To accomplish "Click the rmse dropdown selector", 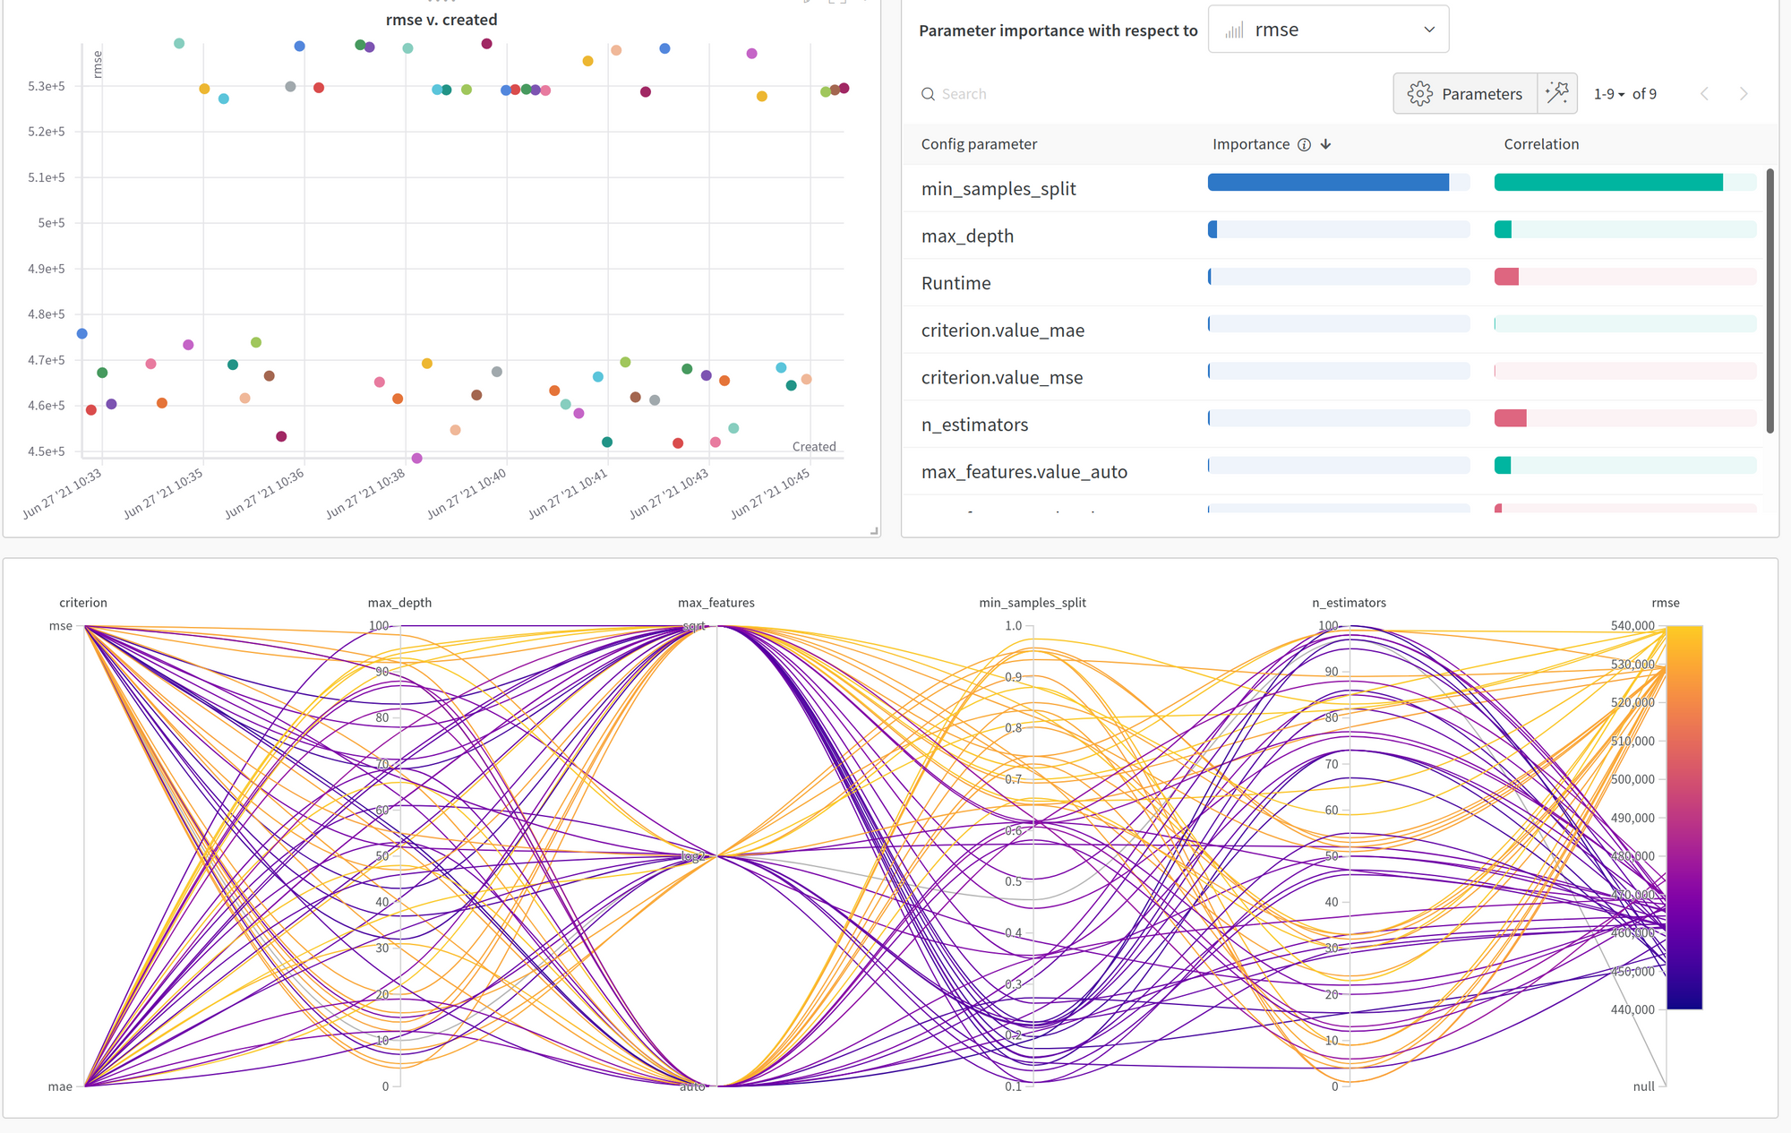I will (1327, 30).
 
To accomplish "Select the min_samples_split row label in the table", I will (998, 189).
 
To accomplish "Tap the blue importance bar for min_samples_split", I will (1328, 183).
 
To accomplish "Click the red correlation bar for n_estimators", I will (1510, 418).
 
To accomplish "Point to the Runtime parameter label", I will (955, 283).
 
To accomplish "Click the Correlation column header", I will (1540, 144).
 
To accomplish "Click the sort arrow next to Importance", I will (1326, 144).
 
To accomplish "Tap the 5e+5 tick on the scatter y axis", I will (51, 223).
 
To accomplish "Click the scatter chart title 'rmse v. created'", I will (441, 20).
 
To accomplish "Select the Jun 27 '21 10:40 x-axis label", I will (467, 494).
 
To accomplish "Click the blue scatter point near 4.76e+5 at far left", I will (82, 334).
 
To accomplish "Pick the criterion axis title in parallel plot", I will (83, 603).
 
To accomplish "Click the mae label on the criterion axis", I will (60, 1086).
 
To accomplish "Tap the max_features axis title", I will (716, 603).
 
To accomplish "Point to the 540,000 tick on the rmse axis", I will (1632, 626).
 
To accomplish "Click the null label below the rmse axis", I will (1643, 1086).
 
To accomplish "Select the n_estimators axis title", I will (1349, 603).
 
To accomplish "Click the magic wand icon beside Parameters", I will (1556, 93).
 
